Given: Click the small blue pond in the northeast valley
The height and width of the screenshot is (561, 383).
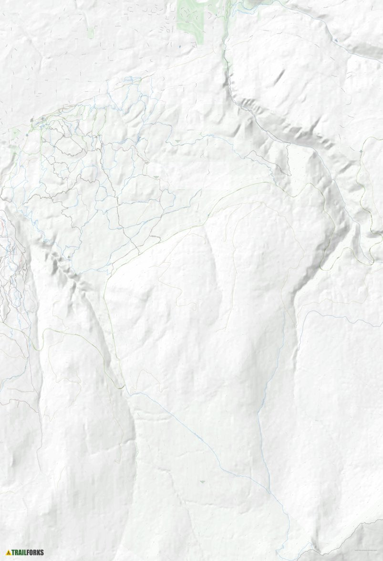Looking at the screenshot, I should click(336, 41).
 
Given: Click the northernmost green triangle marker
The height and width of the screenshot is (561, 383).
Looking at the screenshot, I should click(178, 142).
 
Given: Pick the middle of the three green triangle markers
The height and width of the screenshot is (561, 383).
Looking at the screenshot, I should click(156, 177).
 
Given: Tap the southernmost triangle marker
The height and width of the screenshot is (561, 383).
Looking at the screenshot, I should click(203, 482).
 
